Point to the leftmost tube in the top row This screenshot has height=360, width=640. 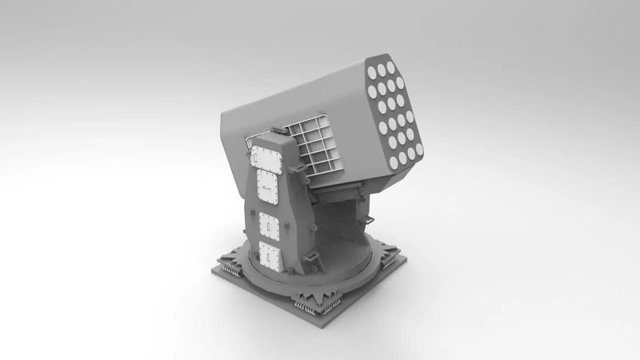(x=373, y=73)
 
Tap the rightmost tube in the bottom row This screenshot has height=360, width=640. (x=416, y=150)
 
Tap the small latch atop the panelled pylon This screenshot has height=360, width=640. (x=276, y=130)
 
